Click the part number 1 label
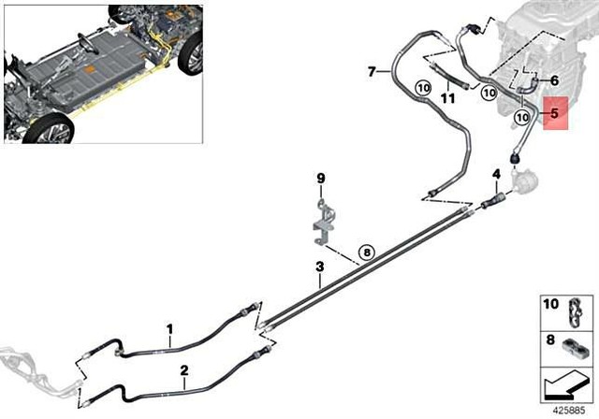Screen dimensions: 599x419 [x=169, y=328]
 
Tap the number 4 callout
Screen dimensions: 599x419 [x=496, y=174]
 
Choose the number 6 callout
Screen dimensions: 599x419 [x=554, y=80]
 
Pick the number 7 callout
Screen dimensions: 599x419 [x=372, y=71]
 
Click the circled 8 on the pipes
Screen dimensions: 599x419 [x=366, y=251]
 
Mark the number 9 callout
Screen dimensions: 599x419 [x=319, y=178]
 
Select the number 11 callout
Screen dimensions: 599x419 [x=448, y=97]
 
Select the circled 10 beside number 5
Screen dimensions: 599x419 [x=523, y=118]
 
